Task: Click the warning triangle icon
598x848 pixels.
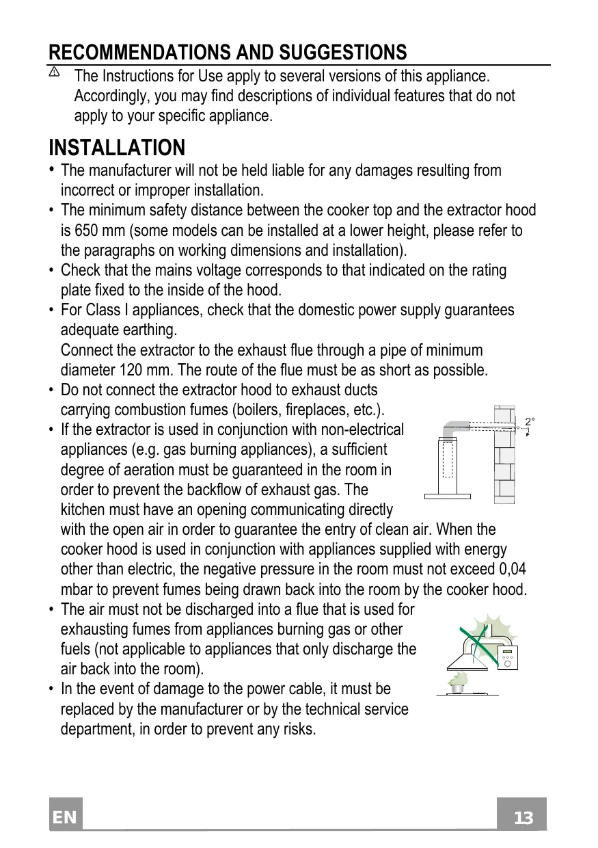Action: pyautogui.click(x=55, y=72)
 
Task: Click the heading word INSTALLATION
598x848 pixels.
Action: pyautogui.click(x=117, y=148)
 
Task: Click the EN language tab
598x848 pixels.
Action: pyautogui.click(x=66, y=818)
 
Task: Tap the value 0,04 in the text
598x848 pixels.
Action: pyautogui.click(x=513, y=569)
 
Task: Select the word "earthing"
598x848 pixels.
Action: pyautogui.click(x=150, y=330)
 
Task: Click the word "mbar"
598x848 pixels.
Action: pyautogui.click(x=79, y=589)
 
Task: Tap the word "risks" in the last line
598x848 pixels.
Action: pyautogui.click(x=299, y=728)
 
